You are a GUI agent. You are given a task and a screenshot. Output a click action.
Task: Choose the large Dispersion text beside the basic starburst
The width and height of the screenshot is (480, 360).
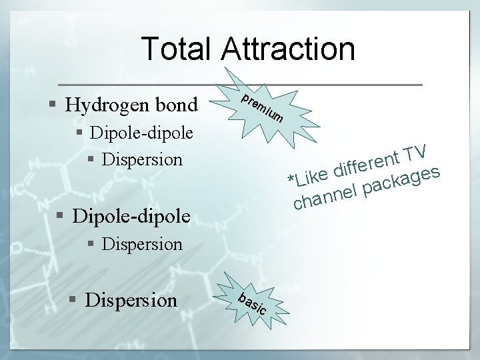click(x=132, y=300)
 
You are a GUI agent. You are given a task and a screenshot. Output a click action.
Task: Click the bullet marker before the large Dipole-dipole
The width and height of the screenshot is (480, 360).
click(x=61, y=217)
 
